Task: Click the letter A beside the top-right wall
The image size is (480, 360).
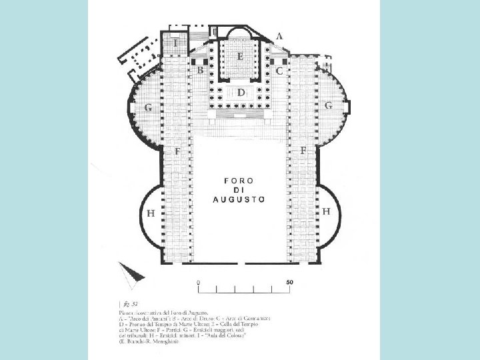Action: [x=279, y=36]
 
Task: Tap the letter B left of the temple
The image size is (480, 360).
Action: [x=199, y=69]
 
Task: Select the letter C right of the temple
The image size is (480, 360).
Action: [x=279, y=69]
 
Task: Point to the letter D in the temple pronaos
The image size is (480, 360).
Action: [x=241, y=93]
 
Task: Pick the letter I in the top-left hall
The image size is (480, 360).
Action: [x=175, y=43]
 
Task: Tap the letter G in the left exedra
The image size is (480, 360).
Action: [x=148, y=107]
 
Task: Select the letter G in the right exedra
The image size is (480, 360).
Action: [x=328, y=105]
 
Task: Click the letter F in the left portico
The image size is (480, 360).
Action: [x=178, y=152]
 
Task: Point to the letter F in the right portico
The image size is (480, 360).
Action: [x=303, y=151]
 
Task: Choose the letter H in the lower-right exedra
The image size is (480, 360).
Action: [x=327, y=211]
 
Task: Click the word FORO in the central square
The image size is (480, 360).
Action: [x=239, y=181]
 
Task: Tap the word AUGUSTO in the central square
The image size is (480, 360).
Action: [x=239, y=199]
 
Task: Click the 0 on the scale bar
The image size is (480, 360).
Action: [x=198, y=282]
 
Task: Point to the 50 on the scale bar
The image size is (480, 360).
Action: [x=289, y=282]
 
